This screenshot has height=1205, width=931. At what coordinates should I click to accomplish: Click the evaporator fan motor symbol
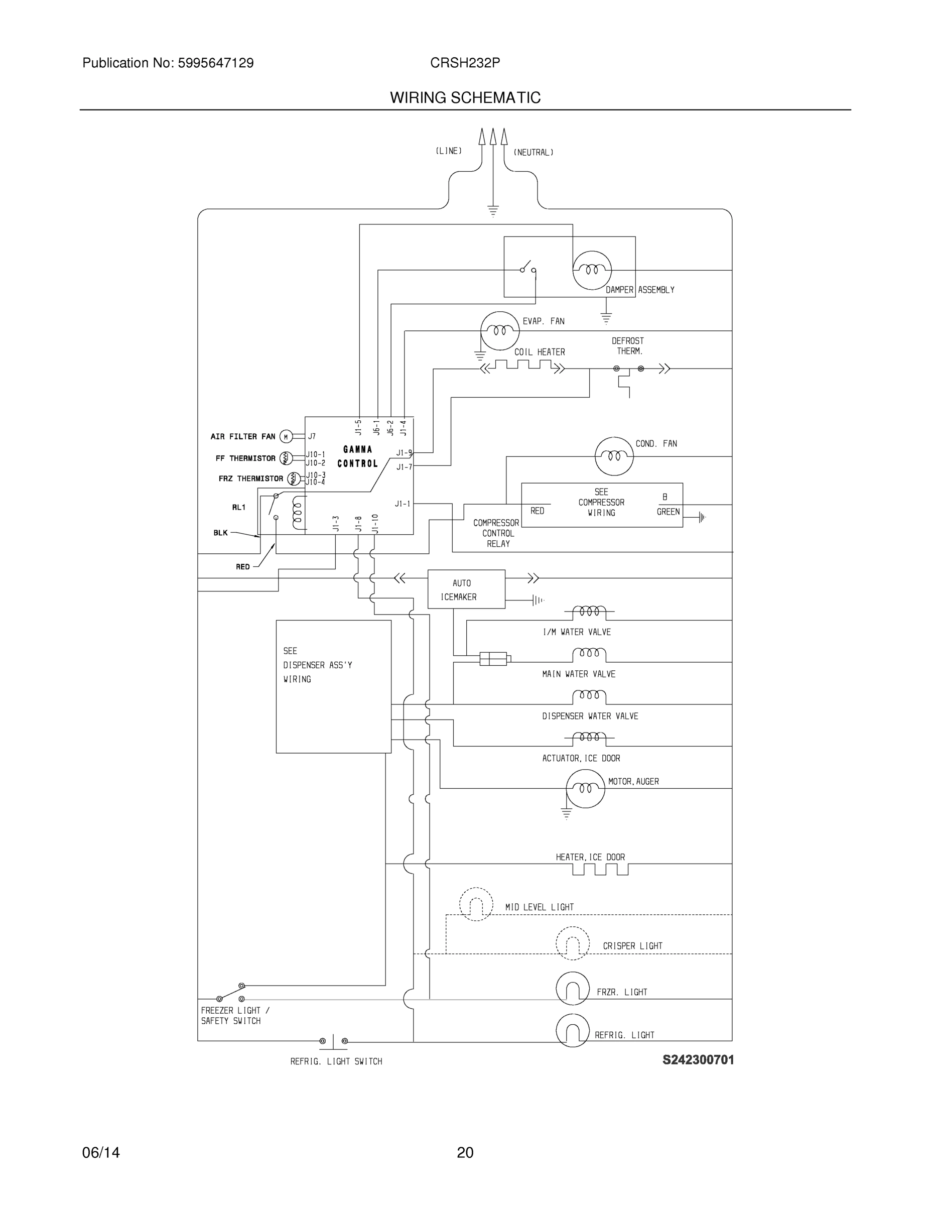pyautogui.click(x=500, y=330)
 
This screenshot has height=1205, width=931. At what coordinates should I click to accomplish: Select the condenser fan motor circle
pyautogui.click(x=614, y=456)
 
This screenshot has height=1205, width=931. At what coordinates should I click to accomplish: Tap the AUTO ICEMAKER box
pyautogui.click(x=466, y=589)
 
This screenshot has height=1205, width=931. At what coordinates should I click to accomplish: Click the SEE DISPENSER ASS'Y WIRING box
pyautogui.click(x=333, y=686)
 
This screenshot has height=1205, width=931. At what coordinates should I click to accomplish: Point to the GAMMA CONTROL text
pyautogui.click(x=357, y=456)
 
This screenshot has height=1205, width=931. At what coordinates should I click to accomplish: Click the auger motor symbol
pyautogui.click(x=585, y=788)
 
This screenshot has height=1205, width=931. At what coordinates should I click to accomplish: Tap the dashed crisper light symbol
pyautogui.click(x=573, y=943)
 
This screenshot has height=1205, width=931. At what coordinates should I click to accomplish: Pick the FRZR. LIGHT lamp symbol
pyautogui.click(x=573, y=988)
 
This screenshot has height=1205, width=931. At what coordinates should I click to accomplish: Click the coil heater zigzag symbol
pyautogui.click(x=523, y=365)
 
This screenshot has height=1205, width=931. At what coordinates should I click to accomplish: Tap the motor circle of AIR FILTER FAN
pyautogui.click(x=286, y=437)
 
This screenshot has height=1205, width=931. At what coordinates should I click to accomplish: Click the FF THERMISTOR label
pyautogui.click(x=245, y=458)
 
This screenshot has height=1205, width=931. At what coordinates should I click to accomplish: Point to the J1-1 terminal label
pyautogui.click(x=403, y=504)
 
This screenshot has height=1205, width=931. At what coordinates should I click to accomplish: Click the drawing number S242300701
pyautogui.click(x=698, y=1059)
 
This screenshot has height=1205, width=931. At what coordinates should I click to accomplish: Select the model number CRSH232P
pyautogui.click(x=465, y=63)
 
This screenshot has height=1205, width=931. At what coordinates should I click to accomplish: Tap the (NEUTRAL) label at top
pyautogui.click(x=534, y=152)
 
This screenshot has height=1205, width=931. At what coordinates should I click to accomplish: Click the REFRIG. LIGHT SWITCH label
pyautogui.click(x=336, y=1061)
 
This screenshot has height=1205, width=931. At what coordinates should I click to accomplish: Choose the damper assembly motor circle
pyautogui.click(x=592, y=270)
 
